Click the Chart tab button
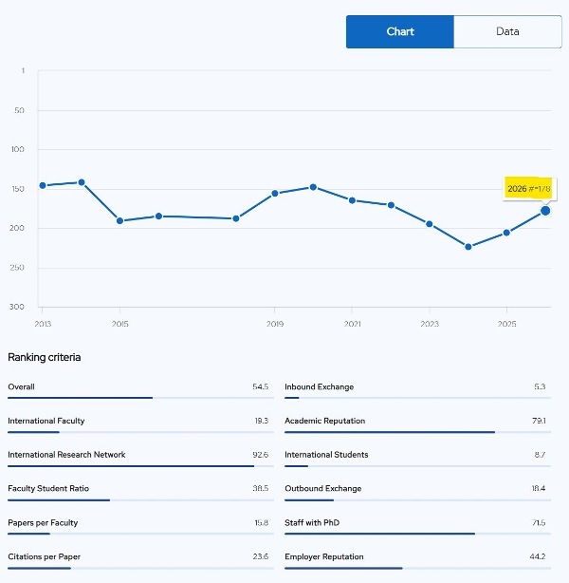click(400, 31)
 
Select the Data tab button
click(507, 31)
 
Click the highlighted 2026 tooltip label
click(529, 189)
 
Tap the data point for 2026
click(545, 211)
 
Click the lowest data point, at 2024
click(468, 247)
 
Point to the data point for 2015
click(119, 221)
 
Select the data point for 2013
click(43, 185)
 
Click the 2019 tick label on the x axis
click(274, 324)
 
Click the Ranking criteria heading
click(45, 357)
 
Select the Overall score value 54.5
click(260, 387)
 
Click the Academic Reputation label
click(324, 421)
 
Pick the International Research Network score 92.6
click(260, 455)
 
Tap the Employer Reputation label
click(323, 556)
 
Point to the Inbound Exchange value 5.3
click(540, 387)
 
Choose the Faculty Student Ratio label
click(48, 489)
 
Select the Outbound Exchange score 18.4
click(538, 489)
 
